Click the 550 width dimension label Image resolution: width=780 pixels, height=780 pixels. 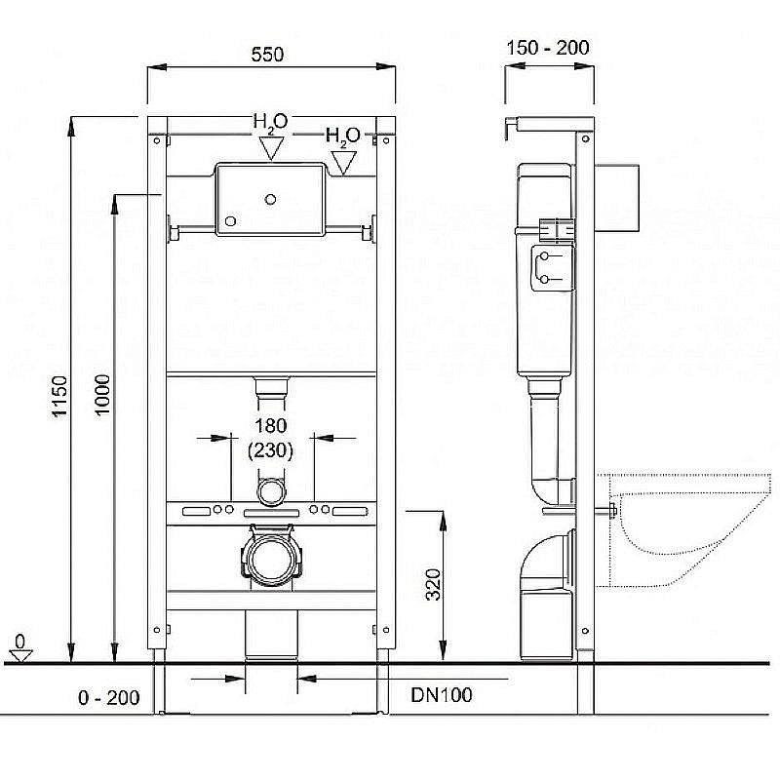267,55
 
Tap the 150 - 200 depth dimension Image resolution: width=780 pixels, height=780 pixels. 548,48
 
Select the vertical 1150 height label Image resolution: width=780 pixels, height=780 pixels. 59,397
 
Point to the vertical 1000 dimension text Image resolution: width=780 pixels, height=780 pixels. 102,395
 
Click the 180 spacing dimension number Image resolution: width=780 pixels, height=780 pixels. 271,426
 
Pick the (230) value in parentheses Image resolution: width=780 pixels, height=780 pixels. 271,450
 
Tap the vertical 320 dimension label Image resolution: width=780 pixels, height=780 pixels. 433,584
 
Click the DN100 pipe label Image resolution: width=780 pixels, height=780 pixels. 442,695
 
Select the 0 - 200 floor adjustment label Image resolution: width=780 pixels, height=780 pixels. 108,697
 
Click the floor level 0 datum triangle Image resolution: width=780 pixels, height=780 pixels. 20,655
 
